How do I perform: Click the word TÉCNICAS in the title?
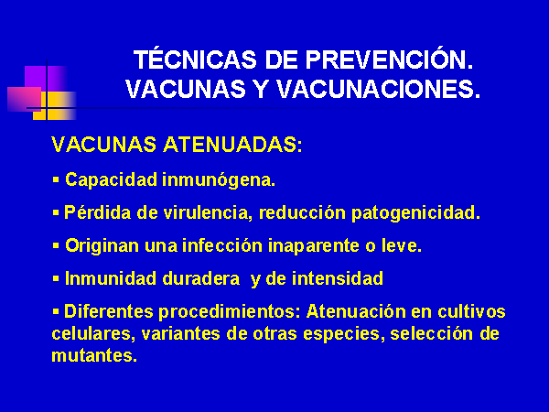point(195,59)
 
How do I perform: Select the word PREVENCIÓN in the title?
point(389,59)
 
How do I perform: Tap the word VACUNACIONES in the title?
point(379,89)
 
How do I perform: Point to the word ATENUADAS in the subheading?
point(232,145)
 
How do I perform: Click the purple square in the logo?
point(46,79)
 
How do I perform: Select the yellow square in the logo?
point(54,106)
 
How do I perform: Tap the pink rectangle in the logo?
point(24,99)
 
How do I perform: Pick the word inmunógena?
point(219,180)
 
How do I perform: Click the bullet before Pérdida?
point(56,212)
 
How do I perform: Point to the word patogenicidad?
point(415,213)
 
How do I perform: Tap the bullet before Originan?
point(56,245)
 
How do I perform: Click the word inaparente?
point(314,246)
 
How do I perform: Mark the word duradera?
point(201,278)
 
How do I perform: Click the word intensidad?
point(338,278)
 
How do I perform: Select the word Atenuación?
point(356,311)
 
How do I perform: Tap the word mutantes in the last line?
point(94,355)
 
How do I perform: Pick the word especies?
point(341,334)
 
